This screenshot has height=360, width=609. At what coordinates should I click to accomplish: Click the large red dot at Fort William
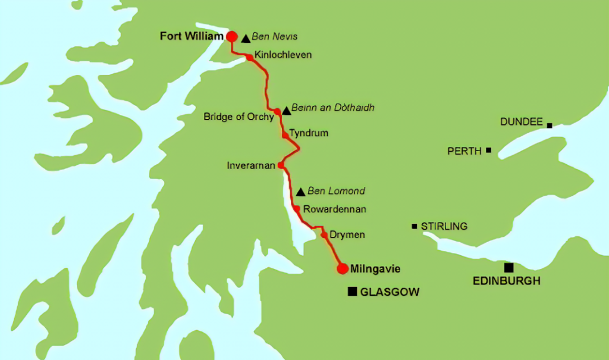pos(232,36)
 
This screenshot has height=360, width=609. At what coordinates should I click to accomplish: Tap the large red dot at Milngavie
pos(342,269)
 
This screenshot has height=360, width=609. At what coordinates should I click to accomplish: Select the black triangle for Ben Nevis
pos(246,38)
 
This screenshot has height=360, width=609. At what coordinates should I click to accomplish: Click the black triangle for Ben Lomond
pos(300,192)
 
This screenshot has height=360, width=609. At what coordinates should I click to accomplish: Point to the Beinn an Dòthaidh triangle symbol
pos(286,110)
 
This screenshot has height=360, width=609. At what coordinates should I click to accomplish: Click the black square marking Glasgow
pos(353,292)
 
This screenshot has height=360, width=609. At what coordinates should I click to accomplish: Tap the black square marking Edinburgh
pos(508,268)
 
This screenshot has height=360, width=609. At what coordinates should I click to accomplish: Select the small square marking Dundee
pos(550,126)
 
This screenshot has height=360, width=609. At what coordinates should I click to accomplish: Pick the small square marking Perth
pos(488,150)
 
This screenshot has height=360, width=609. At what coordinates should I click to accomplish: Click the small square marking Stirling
pos(415,226)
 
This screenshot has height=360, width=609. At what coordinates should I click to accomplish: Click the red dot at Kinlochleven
pos(249,58)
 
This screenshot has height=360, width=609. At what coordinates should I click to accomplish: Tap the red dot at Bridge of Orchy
pos(277,111)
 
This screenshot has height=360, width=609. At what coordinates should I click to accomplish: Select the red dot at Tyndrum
pos(285,136)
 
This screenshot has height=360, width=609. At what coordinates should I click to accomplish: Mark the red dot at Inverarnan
pos(281,165)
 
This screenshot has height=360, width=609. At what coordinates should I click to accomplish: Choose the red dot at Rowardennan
pos(296,209)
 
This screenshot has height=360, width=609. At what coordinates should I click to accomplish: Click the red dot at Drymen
pos(324,235)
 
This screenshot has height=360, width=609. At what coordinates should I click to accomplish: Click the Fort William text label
pos(191,36)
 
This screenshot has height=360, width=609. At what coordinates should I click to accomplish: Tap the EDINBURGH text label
pos(506,281)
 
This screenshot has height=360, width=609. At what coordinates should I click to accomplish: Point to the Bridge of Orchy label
pos(238,117)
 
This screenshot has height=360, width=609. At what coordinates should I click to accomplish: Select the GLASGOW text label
pos(390,292)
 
